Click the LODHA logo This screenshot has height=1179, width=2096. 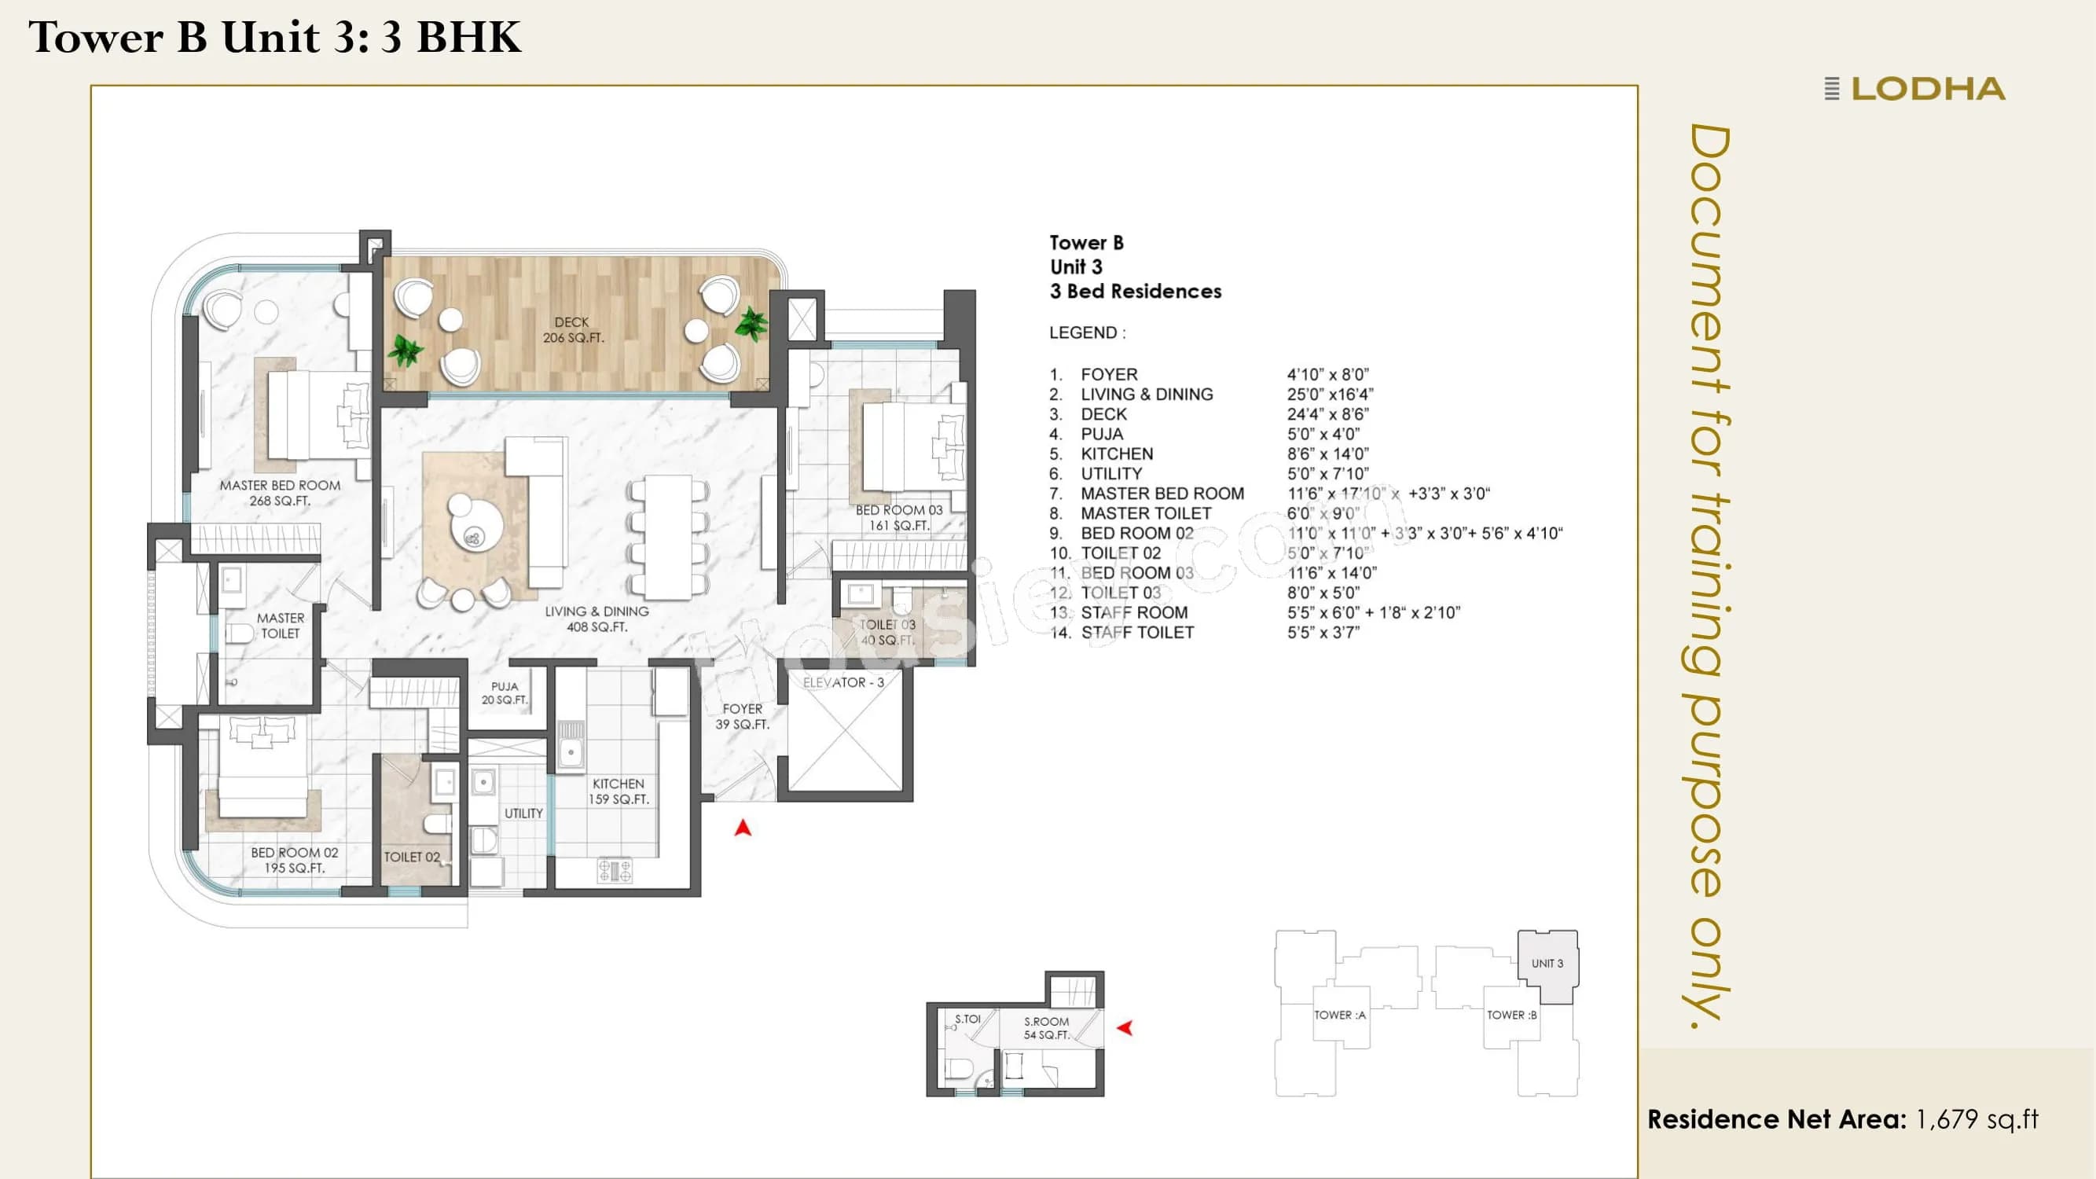click(1916, 89)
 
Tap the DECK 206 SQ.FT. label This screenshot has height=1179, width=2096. click(573, 329)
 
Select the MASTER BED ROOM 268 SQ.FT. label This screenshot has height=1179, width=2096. click(280, 492)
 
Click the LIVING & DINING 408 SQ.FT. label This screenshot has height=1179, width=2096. click(596, 619)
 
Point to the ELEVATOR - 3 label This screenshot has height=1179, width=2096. click(843, 683)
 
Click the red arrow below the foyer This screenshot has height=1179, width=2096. click(742, 828)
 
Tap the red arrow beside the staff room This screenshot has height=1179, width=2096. click(1125, 1027)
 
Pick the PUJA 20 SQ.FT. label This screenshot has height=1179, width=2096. click(505, 692)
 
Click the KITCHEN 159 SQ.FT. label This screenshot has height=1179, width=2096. click(619, 791)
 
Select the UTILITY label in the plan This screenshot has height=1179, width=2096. click(523, 813)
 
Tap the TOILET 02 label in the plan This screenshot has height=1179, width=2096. click(412, 857)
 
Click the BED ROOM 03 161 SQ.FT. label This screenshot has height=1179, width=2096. click(898, 517)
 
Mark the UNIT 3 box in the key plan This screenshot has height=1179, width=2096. click(1547, 964)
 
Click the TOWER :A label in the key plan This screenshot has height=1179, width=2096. click(1339, 1015)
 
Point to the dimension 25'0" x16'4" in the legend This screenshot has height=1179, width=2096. click(1330, 395)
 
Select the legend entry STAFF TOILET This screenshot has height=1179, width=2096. click(1136, 632)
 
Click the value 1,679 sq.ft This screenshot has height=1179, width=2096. click(1977, 1119)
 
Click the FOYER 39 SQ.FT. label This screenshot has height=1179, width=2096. click(742, 716)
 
